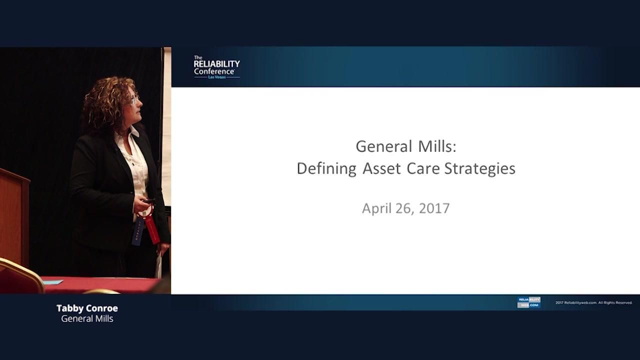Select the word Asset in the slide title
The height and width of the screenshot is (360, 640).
pos(381,168)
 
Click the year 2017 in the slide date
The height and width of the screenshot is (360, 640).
pos(434,208)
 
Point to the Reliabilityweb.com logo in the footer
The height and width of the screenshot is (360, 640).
pos(528,302)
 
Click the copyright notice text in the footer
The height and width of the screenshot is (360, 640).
pos(594,302)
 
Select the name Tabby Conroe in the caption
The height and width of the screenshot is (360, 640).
pos(87,308)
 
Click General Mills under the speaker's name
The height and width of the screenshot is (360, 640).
pos(87,318)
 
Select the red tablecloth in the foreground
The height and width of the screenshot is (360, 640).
pos(100,284)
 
